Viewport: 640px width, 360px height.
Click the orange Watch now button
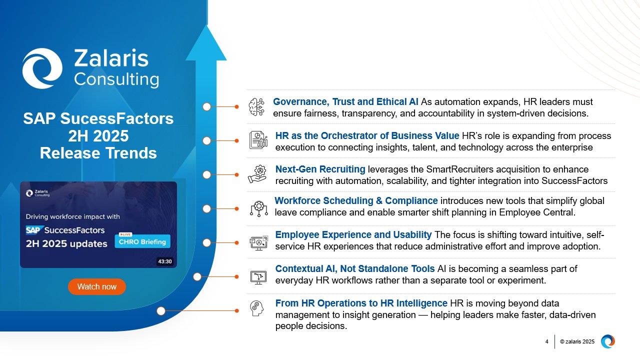pos(96,286)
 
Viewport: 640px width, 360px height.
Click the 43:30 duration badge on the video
pos(164,261)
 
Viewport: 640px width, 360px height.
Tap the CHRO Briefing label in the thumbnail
pos(142,242)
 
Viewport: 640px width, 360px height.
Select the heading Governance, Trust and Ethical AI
pos(345,102)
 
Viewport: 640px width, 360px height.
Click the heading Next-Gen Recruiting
pos(320,169)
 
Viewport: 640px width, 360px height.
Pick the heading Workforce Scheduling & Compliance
pos(356,200)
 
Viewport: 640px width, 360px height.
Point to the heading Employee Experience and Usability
pos(353,234)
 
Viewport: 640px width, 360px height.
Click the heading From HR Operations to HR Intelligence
pos(361,303)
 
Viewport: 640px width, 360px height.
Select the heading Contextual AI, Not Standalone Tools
pos(355,268)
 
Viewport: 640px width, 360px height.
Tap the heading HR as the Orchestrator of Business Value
pos(367,135)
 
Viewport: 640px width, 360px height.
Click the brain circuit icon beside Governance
pos(257,107)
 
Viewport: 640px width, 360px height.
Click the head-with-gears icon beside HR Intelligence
pos(257,308)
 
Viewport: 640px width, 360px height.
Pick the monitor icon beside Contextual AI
pos(258,276)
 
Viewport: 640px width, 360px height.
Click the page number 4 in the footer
pos(546,341)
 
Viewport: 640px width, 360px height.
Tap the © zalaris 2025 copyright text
pos(577,341)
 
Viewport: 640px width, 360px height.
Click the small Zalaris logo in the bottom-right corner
pos(607,341)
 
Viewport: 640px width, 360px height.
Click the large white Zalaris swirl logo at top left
pos(42,68)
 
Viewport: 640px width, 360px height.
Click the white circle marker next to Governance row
pos(207,106)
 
